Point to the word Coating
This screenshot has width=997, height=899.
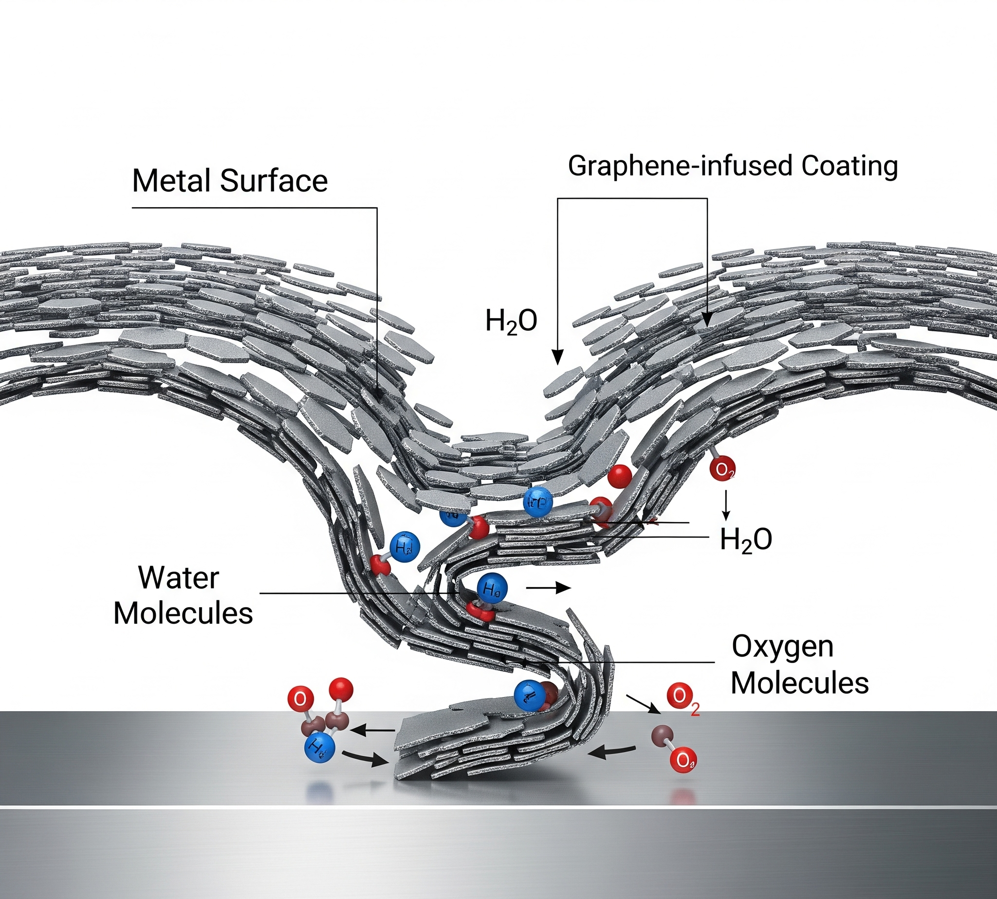(849, 166)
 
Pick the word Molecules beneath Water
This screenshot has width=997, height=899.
(183, 613)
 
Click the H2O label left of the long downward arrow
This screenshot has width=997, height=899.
(511, 321)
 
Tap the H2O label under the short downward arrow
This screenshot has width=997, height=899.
(745, 539)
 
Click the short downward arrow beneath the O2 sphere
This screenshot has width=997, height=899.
(726, 505)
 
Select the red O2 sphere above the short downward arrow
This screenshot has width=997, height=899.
(722, 469)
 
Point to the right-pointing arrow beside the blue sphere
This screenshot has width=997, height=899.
(549, 588)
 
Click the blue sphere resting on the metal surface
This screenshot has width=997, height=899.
(319, 748)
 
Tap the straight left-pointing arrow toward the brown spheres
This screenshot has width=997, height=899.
(372, 730)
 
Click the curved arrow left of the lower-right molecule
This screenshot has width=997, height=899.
(611, 752)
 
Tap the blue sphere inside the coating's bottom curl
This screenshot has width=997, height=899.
(529, 695)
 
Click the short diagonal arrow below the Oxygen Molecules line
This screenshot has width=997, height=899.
(643, 704)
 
